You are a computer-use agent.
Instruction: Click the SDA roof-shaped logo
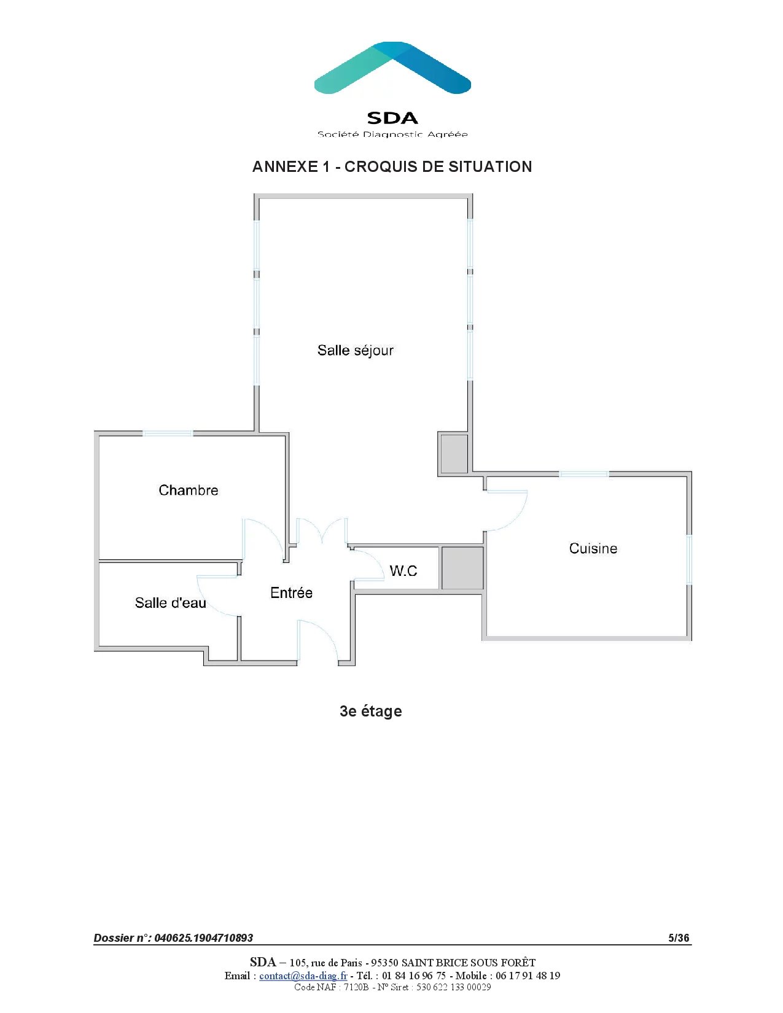(392, 68)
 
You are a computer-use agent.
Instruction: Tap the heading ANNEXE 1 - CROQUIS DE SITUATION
(392, 167)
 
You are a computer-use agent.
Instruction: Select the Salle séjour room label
(355, 351)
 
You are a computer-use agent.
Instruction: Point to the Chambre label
(189, 491)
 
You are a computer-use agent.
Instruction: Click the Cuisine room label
(593, 548)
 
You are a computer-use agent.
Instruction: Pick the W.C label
(403, 571)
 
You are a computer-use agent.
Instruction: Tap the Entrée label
(291, 593)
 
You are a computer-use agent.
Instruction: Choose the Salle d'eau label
(170, 603)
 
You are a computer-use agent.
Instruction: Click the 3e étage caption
(370, 711)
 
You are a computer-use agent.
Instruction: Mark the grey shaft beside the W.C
(462, 568)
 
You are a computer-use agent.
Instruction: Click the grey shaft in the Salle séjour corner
(454, 454)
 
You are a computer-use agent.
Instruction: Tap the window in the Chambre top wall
(168, 433)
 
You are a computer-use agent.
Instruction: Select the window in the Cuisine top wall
(583, 474)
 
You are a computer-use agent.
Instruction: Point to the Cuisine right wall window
(689, 559)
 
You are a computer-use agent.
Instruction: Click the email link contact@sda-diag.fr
(303, 976)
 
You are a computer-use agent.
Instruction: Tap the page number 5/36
(679, 937)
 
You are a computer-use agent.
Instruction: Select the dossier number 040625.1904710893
(203, 937)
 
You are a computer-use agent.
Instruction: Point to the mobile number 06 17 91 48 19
(528, 976)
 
